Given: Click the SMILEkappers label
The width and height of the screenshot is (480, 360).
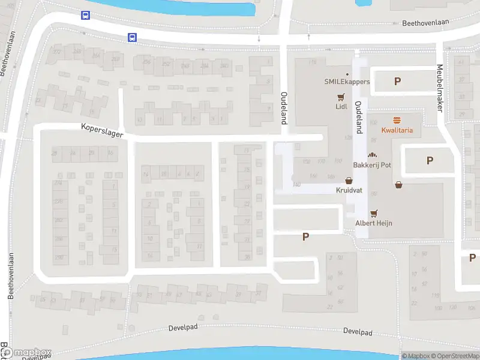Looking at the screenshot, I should pyautogui.click(x=347, y=82).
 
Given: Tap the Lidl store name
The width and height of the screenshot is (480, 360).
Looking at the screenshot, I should pyautogui.click(x=341, y=107).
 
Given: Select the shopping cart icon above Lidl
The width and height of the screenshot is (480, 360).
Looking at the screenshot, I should pyautogui.click(x=341, y=97).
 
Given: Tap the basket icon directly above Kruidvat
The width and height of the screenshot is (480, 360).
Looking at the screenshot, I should pyautogui.click(x=349, y=180).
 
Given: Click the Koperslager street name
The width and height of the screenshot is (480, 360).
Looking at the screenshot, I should pyautogui.click(x=102, y=130).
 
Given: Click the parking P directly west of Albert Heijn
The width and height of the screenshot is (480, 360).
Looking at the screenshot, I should pyautogui.click(x=305, y=237).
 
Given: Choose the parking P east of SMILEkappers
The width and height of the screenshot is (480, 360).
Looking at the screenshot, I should pyautogui.click(x=397, y=82).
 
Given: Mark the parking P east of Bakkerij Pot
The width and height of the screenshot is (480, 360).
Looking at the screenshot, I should pyautogui.click(x=430, y=160).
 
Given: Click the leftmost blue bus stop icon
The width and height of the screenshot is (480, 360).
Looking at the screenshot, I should pyautogui.click(x=86, y=16).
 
